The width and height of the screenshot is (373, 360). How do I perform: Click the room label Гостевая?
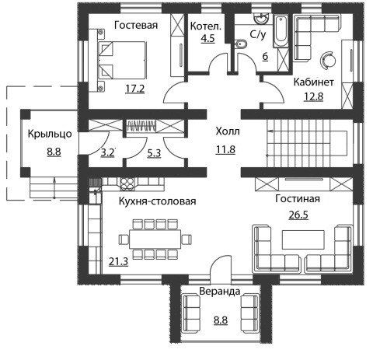click(136, 25)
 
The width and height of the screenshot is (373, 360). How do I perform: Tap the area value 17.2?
click(134, 89)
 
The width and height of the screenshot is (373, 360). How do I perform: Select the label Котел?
click(206, 26)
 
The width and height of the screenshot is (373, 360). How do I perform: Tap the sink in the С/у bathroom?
click(261, 19)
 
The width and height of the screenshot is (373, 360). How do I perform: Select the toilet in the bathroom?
click(240, 45)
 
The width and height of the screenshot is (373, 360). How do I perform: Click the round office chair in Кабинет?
click(328, 60)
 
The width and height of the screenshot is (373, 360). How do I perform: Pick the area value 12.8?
click(313, 96)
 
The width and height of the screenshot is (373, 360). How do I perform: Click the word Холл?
click(228, 131)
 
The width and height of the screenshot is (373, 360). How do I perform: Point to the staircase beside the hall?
click(307, 143)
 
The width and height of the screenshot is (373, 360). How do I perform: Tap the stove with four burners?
click(127, 183)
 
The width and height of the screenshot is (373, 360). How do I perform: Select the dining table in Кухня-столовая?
click(155, 239)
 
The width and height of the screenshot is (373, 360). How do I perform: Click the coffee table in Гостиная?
click(303, 239)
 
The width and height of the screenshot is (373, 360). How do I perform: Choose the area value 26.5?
click(298, 215)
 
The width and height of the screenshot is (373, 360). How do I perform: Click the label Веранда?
click(220, 292)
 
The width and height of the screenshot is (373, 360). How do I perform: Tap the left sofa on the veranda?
click(192, 313)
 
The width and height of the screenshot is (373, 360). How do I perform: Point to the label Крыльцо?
click(50, 135)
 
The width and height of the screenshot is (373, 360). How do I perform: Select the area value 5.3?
click(154, 153)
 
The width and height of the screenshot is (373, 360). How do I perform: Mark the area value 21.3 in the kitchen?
click(118, 262)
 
